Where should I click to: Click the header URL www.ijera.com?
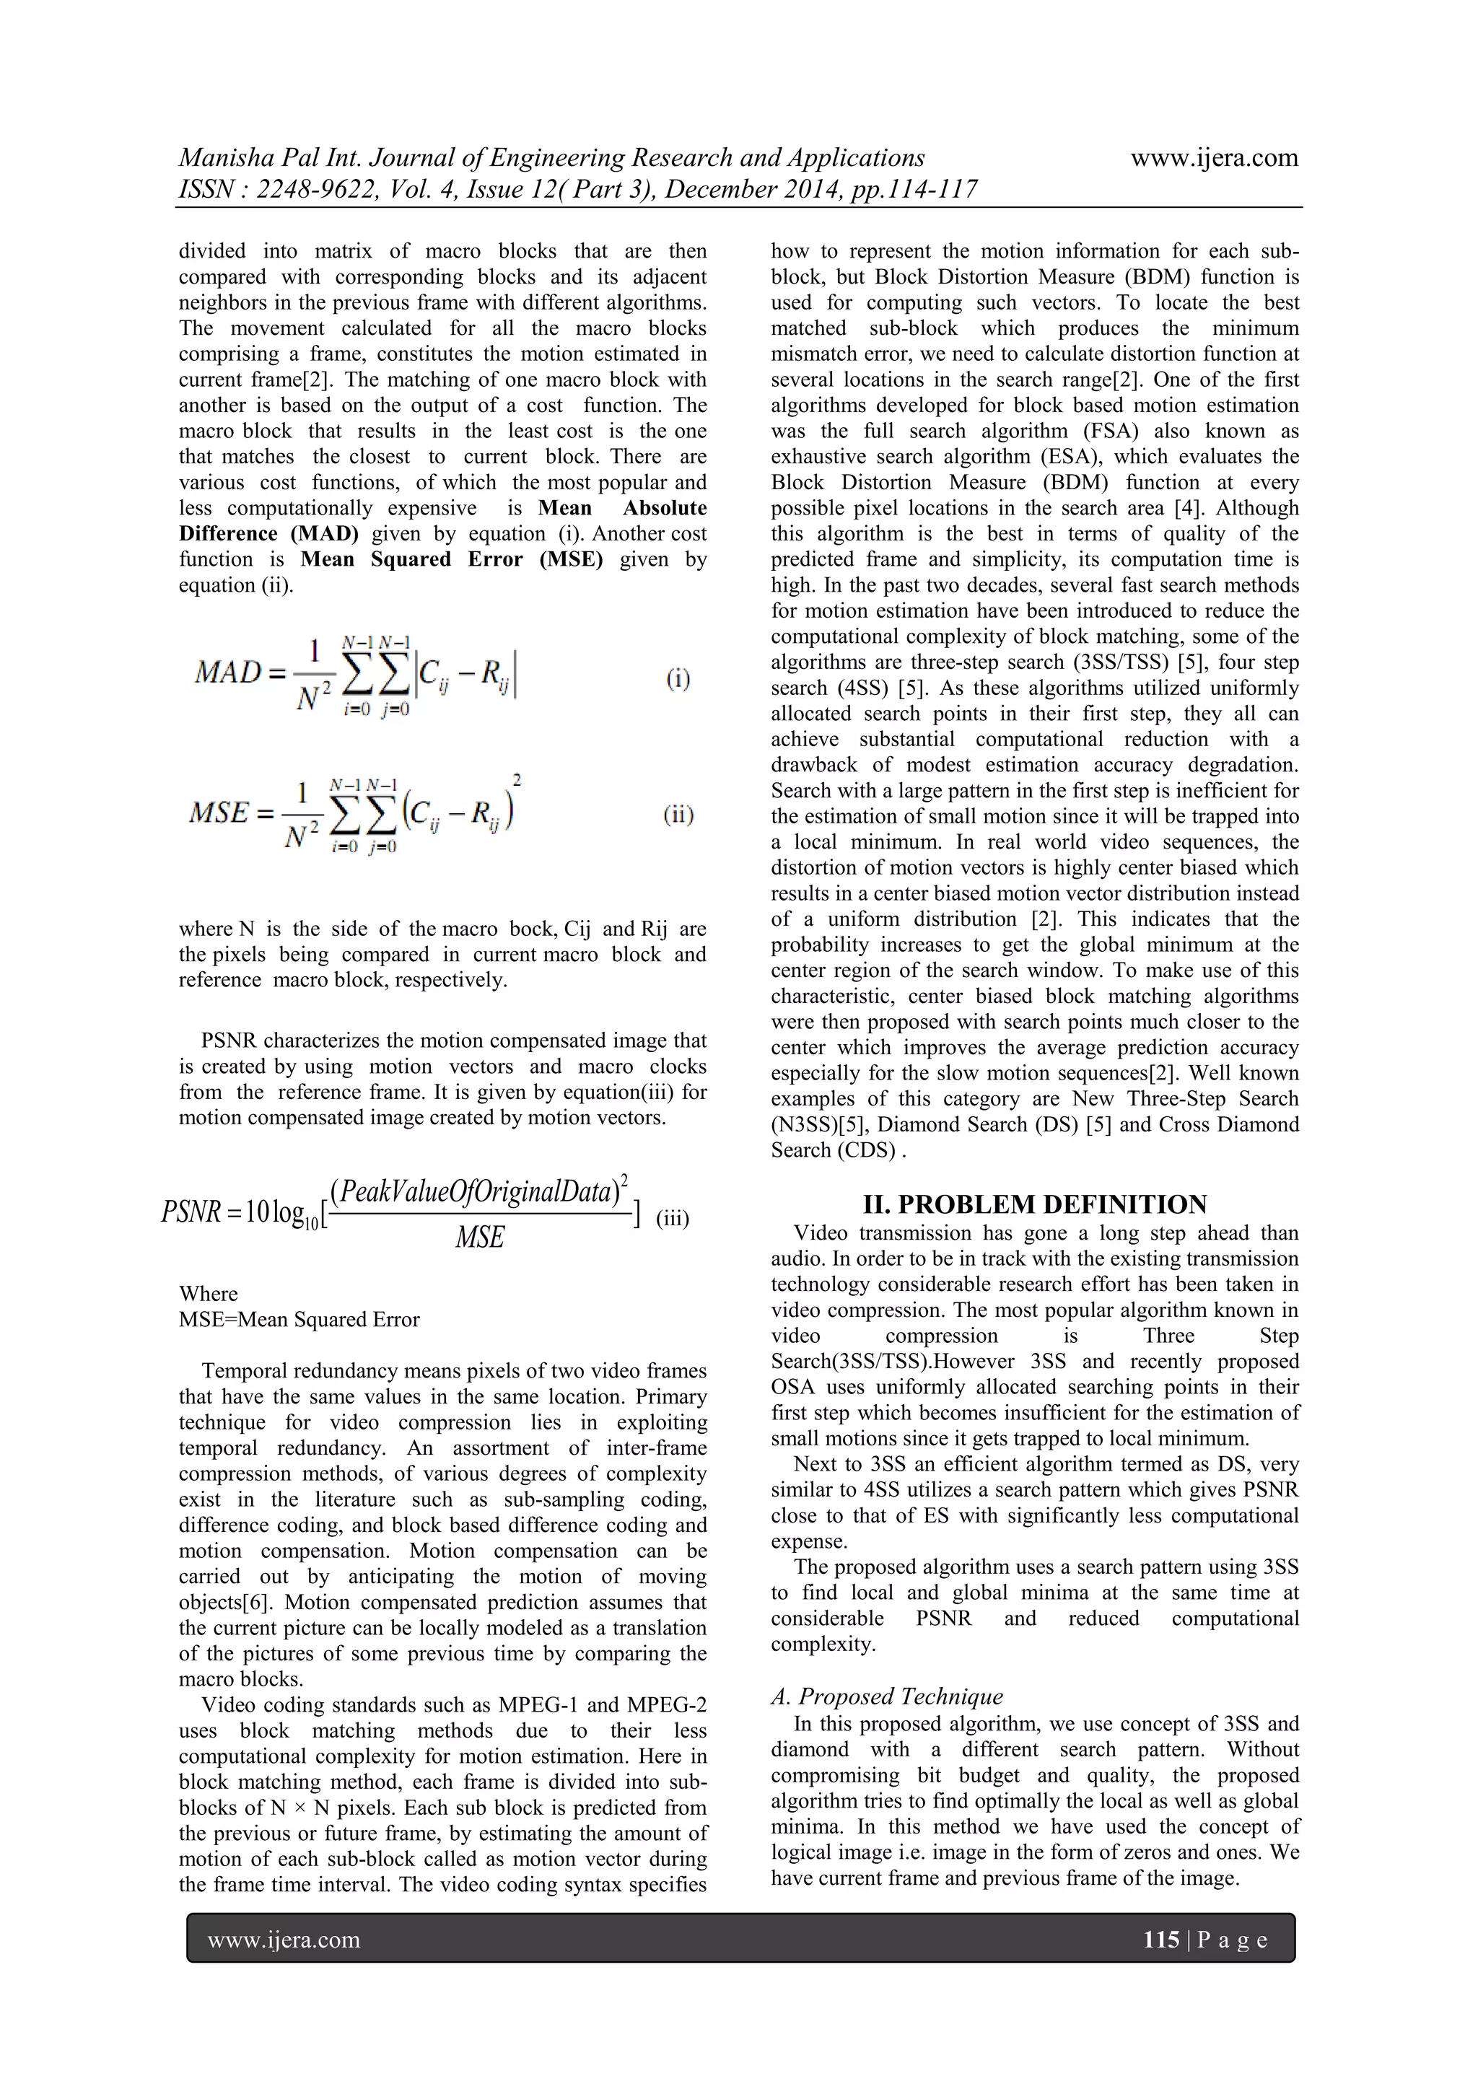[1214, 157]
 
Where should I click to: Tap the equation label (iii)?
[673, 1217]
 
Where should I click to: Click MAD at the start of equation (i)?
[227, 673]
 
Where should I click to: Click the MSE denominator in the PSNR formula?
[480, 1238]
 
